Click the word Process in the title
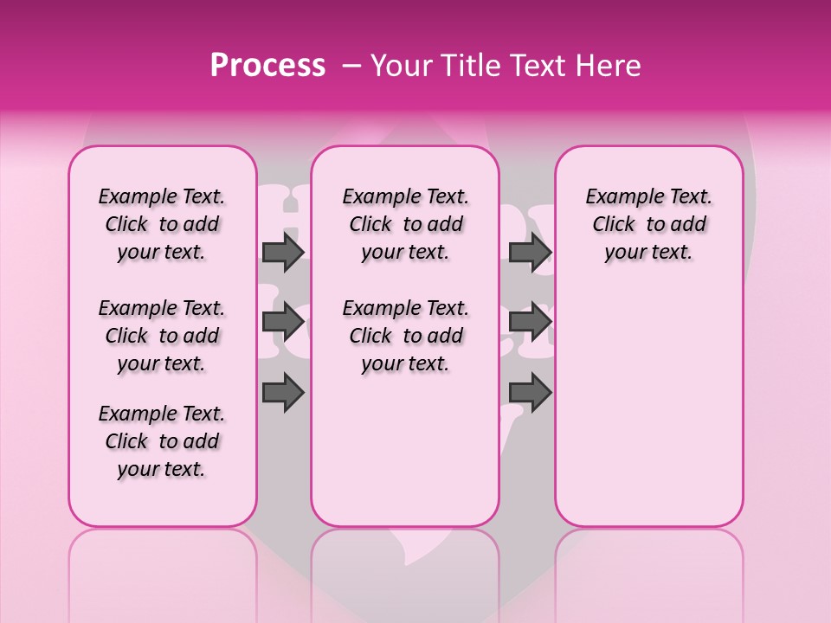pyautogui.click(x=267, y=66)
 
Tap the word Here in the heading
pyautogui.click(x=608, y=66)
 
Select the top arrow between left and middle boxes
pyautogui.click(x=283, y=252)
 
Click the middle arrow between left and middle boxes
pyautogui.click(x=283, y=322)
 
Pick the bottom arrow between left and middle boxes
pyautogui.click(x=283, y=392)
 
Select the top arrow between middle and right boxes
pyautogui.click(x=530, y=252)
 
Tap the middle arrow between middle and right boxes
pyautogui.click(x=530, y=322)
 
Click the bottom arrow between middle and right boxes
pyautogui.click(x=530, y=392)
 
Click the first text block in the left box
pyautogui.click(x=162, y=224)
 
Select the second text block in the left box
pyautogui.click(x=162, y=336)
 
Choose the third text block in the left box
pyautogui.click(x=162, y=441)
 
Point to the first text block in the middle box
pyautogui.click(x=405, y=224)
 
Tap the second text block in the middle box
pyautogui.click(x=405, y=336)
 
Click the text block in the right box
pyautogui.click(x=648, y=224)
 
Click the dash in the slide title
pyautogui.click(x=351, y=66)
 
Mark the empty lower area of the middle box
pyautogui.click(x=405, y=450)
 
